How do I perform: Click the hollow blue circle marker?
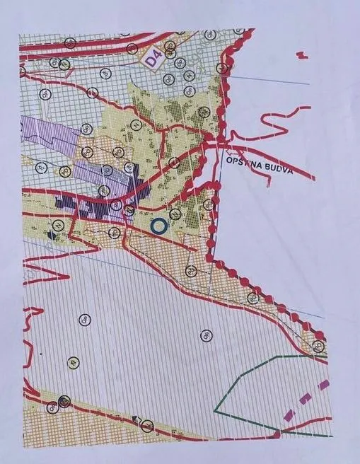[x=159, y=226]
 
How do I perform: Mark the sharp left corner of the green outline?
[x=215, y=408]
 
